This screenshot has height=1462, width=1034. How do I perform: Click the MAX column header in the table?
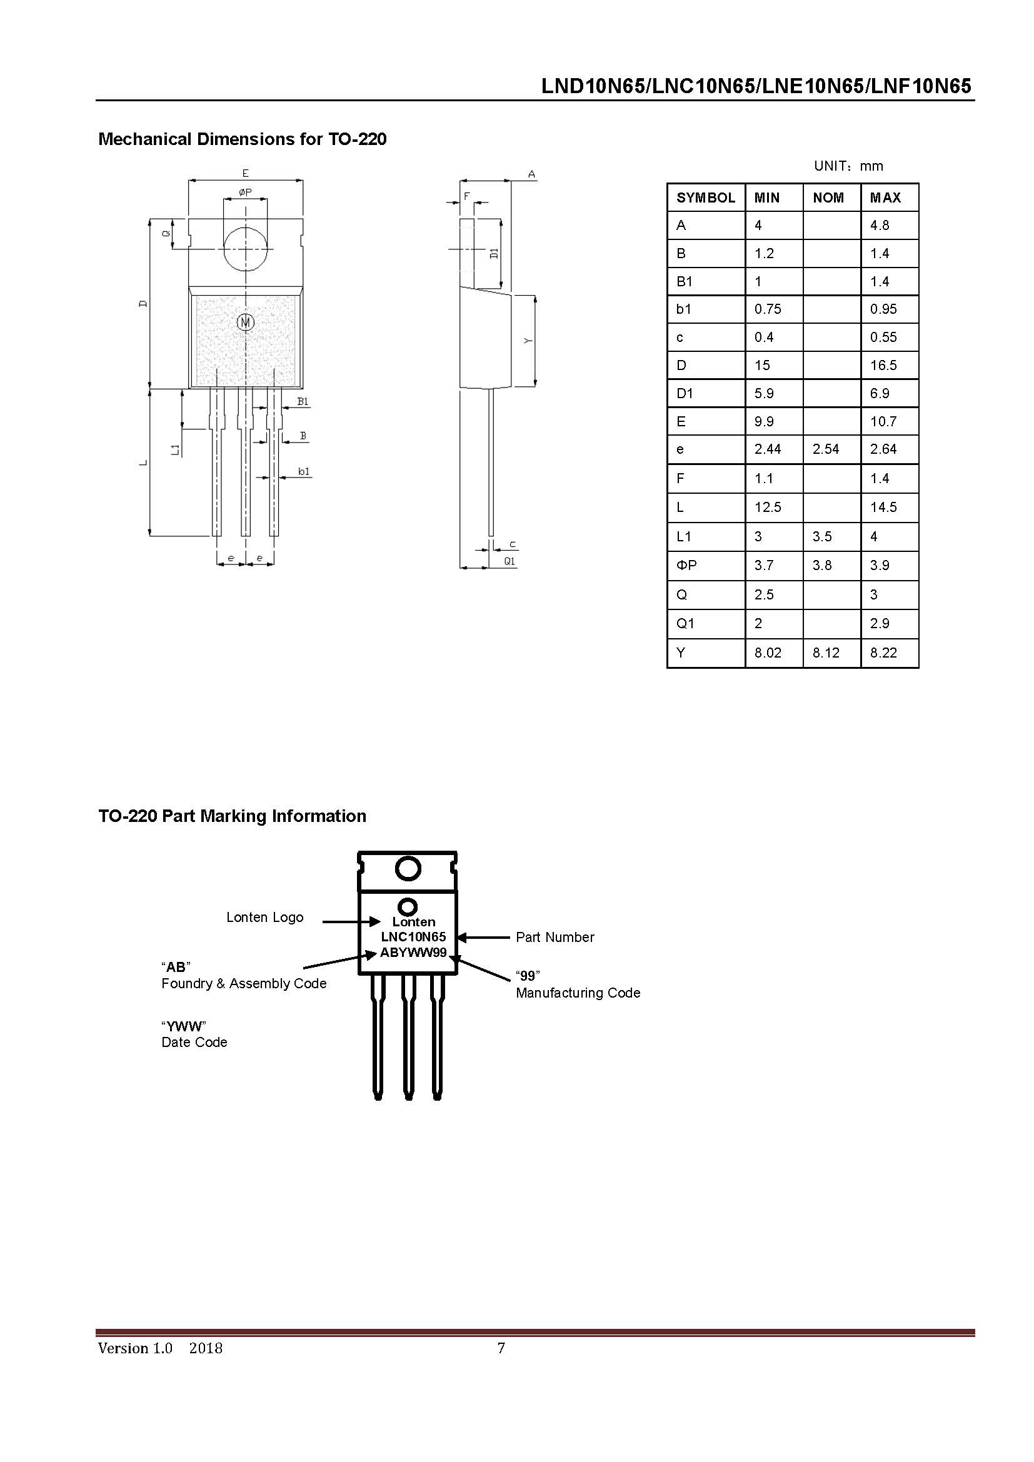pos(885,198)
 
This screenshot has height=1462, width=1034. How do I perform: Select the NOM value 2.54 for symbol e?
pos(825,449)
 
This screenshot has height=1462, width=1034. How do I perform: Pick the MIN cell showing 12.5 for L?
pos(767,508)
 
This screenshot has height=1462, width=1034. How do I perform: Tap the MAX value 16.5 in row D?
pos(883,366)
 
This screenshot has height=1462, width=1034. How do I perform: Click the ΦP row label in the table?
pos(686,566)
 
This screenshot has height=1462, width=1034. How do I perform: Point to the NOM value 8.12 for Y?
pos(826,653)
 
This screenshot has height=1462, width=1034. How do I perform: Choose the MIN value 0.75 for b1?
pos(767,309)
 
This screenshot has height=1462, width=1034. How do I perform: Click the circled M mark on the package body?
pos(246,322)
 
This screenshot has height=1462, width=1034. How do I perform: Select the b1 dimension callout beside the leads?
pos(304,472)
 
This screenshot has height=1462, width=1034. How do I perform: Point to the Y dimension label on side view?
pos(528,341)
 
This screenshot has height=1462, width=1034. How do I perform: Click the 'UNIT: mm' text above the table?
pos(848,166)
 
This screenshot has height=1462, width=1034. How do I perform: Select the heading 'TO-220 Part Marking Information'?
pos(233,816)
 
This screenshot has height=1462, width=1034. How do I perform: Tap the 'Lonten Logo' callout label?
pos(265,918)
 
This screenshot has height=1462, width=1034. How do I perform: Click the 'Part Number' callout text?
pos(555,938)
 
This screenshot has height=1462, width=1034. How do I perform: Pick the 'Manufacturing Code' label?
pos(578,993)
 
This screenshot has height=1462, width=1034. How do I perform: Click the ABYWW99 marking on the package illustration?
pos(413,953)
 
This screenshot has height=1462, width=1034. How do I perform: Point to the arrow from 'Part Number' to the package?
pos(484,938)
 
